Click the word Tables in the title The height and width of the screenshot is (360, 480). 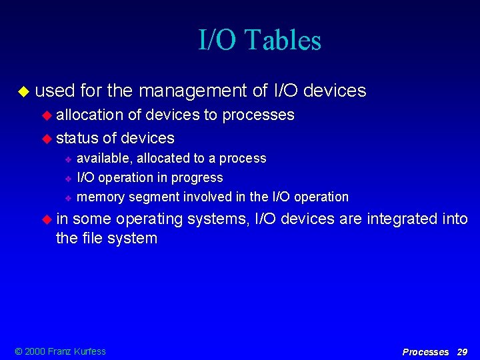pyautogui.click(x=283, y=40)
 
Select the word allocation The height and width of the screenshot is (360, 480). pyautogui.click(x=90, y=115)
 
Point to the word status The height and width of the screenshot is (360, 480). pyautogui.click(x=77, y=138)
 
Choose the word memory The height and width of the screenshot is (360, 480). pyautogui.click(x=101, y=197)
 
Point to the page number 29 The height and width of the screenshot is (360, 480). pyautogui.click(x=461, y=351)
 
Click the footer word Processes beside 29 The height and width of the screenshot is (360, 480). pyautogui.click(x=425, y=351)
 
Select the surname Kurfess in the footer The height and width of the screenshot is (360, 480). pyautogui.click(x=89, y=351)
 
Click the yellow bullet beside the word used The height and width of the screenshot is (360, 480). pyautogui.click(x=24, y=91)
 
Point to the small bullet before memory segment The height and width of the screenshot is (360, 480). pyautogui.click(x=68, y=197)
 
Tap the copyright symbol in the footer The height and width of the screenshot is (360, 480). pyautogui.click(x=18, y=351)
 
